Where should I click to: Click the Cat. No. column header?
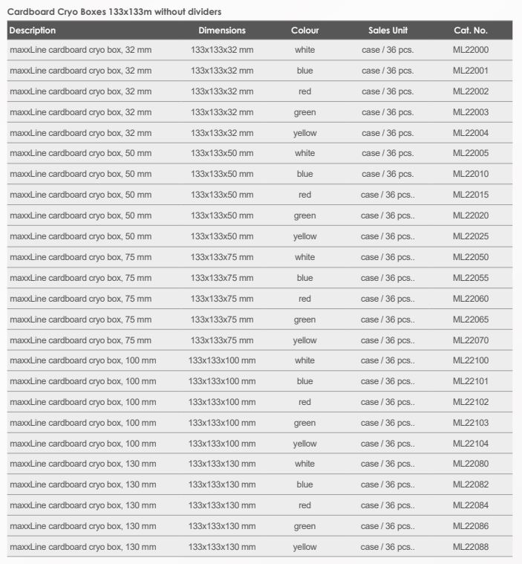pos(470,30)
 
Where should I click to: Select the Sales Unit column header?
pos(388,30)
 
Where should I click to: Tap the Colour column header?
pos(304,30)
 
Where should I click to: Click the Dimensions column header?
pos(222,30)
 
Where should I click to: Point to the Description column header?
pos(32,30)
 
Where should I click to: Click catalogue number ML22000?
pos(471,50)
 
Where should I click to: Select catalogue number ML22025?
pos(471,236)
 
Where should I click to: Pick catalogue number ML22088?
pos(471,547)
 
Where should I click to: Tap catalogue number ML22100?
pos(471,360)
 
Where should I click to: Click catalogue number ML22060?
pos(471,299)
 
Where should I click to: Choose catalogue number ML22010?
pos(471,174)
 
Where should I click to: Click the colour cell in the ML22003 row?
pos(304,112)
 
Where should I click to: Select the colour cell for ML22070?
pos(304,340)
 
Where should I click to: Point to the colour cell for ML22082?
pos(304,484)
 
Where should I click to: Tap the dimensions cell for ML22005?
pos(222,153)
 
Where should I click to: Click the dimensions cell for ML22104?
pos(222,444)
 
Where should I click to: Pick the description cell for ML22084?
pos(82,505)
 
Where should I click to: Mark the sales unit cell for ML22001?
pos(388,71)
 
